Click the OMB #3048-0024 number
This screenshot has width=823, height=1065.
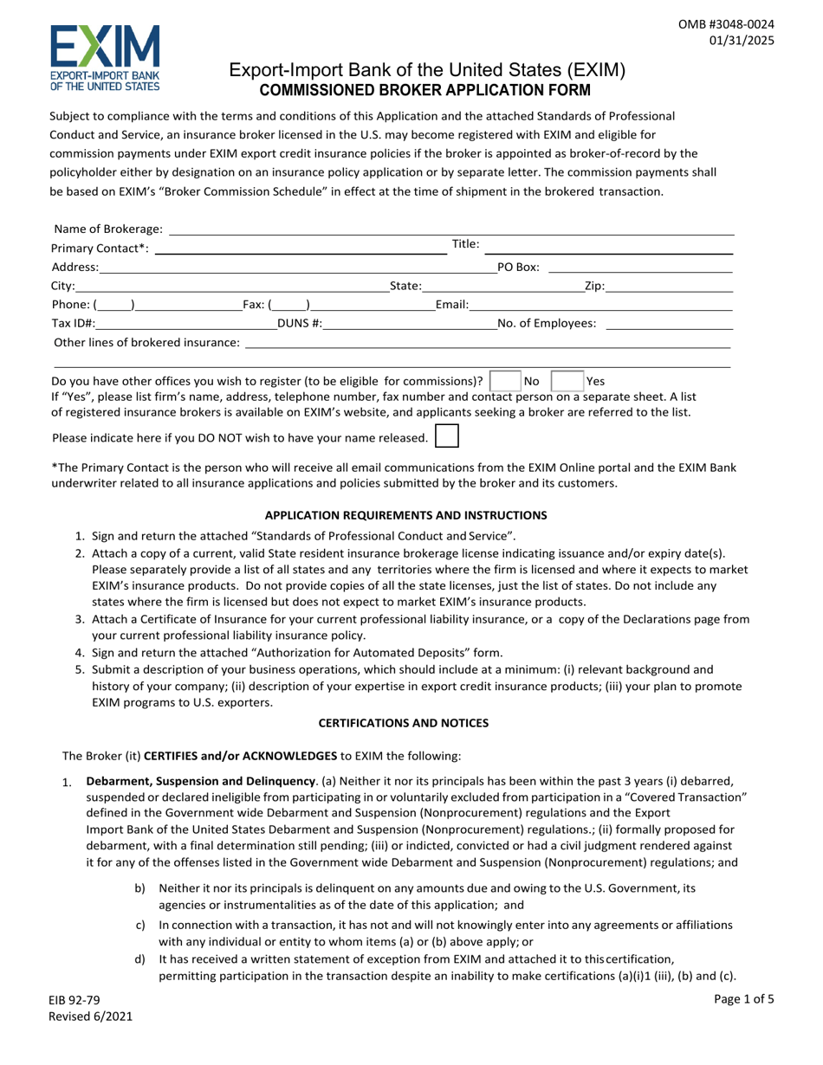pos(726,23)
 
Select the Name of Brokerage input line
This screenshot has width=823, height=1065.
pos(450,229)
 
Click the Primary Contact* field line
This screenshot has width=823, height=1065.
pos(299,248)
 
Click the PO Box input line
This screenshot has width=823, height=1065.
pos(640,268)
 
